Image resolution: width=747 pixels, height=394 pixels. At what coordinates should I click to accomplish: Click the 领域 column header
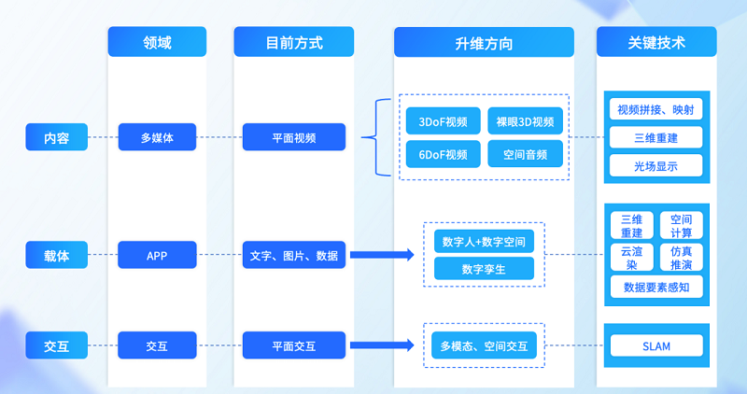point(157,42)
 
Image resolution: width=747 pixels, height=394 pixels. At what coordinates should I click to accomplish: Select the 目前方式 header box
point(294,42)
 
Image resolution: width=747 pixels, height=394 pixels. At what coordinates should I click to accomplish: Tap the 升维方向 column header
point(484,43)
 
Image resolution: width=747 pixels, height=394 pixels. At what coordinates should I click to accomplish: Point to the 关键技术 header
point(655,42)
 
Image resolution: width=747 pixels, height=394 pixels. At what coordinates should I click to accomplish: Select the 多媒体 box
point(157,138)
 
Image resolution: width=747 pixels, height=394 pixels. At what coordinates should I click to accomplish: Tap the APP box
point(157,255)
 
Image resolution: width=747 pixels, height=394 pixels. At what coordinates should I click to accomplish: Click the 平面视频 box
point(294,138)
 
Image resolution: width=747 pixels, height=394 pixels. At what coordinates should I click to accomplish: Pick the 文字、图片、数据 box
point(294,255)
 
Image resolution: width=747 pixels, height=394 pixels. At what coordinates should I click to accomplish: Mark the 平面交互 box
point(294,345)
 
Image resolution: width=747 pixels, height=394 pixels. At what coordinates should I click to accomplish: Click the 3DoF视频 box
point(443,120)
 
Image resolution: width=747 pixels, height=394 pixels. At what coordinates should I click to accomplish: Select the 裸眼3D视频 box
point(525,120)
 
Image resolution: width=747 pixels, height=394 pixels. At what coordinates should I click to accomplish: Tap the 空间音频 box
point(525,154)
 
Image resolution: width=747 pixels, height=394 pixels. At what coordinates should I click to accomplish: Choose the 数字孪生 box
point(484,269)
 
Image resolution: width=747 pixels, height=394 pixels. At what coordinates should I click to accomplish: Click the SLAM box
point(656,346)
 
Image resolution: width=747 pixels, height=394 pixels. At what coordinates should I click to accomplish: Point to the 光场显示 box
point(655,166)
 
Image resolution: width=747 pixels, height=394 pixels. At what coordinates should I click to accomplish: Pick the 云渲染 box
point(626,258)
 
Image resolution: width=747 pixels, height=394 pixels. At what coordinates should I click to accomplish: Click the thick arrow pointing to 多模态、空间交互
point(382,346)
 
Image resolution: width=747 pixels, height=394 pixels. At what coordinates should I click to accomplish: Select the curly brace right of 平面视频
point(372,138)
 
